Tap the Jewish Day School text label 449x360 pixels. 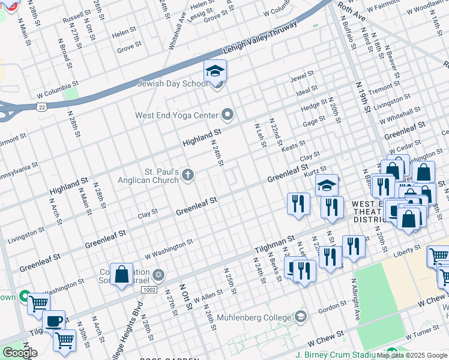172,84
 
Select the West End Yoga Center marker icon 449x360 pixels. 228,113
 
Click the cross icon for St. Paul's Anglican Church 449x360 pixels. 188,175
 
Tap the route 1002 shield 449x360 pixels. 150,290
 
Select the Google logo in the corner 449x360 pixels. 19,352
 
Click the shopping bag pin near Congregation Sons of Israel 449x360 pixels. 121,274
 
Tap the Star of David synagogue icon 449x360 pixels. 158,275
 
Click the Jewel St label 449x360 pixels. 302,77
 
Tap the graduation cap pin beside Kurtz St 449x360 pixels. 327,185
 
